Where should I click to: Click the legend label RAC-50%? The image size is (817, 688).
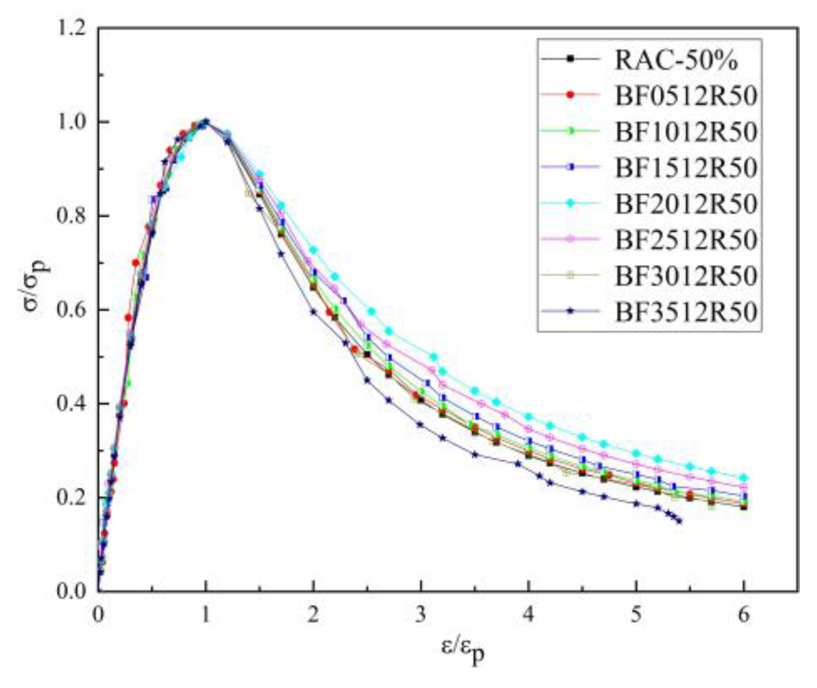[676, 60]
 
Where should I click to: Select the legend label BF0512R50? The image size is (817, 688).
[686, 96]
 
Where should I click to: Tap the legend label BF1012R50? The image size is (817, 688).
[686, 131]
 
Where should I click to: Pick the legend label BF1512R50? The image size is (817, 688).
[686, 168]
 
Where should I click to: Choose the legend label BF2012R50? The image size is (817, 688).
[686, 204]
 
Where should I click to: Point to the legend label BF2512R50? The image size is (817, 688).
[686, 239]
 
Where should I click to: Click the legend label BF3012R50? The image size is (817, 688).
[686, 276]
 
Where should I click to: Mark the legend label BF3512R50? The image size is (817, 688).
[686, 312]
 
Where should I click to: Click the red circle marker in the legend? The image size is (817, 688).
[570, 95]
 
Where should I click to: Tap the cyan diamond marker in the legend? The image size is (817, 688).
[570, 203]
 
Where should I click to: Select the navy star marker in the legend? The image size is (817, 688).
[570, 311]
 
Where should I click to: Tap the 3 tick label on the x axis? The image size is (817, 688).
[421, 615]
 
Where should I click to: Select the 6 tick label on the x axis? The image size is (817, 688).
[744, 615]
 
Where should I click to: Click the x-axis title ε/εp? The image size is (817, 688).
[462, 650]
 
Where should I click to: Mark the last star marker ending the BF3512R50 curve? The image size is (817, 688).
[679, 521]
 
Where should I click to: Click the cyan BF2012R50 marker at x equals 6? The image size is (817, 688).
[744, 478]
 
